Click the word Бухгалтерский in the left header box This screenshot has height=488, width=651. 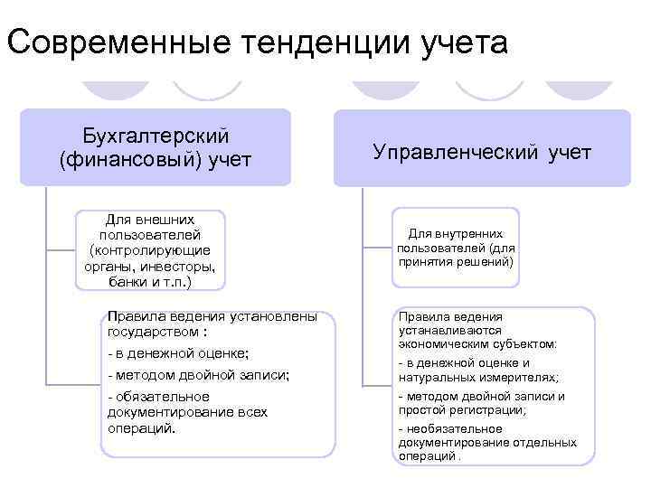(x=156, y=136)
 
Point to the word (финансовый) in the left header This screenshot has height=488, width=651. (x=128, y=160)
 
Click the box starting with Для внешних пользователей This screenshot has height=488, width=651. (x=150, y=250)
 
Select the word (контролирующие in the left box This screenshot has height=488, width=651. (x=150, y=250)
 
